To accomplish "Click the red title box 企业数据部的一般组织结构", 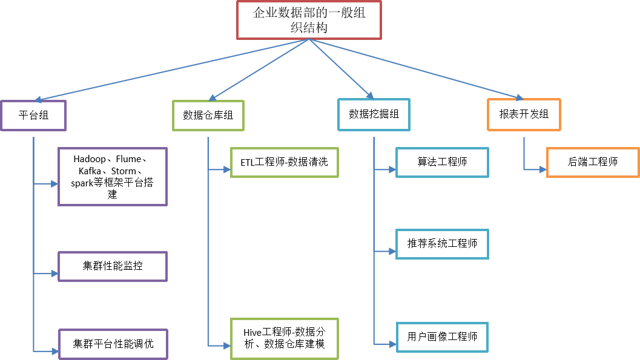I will click(x=309, y=20).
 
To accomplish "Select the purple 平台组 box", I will click(x=33, y=115).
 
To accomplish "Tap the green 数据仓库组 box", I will click(x=208, y=115).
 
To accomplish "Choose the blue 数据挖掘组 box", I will click(x=374, y=114).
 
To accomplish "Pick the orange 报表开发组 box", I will click(x=524, y=114).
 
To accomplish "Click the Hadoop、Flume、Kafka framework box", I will click(x=112, y=177).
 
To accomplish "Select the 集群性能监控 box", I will click(x=112, y=266).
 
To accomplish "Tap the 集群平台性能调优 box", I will click(x=112, y=344).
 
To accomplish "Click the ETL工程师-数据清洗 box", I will click(x=284, y=162).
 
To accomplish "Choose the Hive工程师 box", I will click(x=284, y=338).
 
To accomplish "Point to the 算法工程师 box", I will click(x=442, y=162).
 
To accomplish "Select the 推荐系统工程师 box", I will click(x=442, y=244).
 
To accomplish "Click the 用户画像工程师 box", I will click(x=442, y=337).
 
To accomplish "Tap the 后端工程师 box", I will click(x=592, y=162).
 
